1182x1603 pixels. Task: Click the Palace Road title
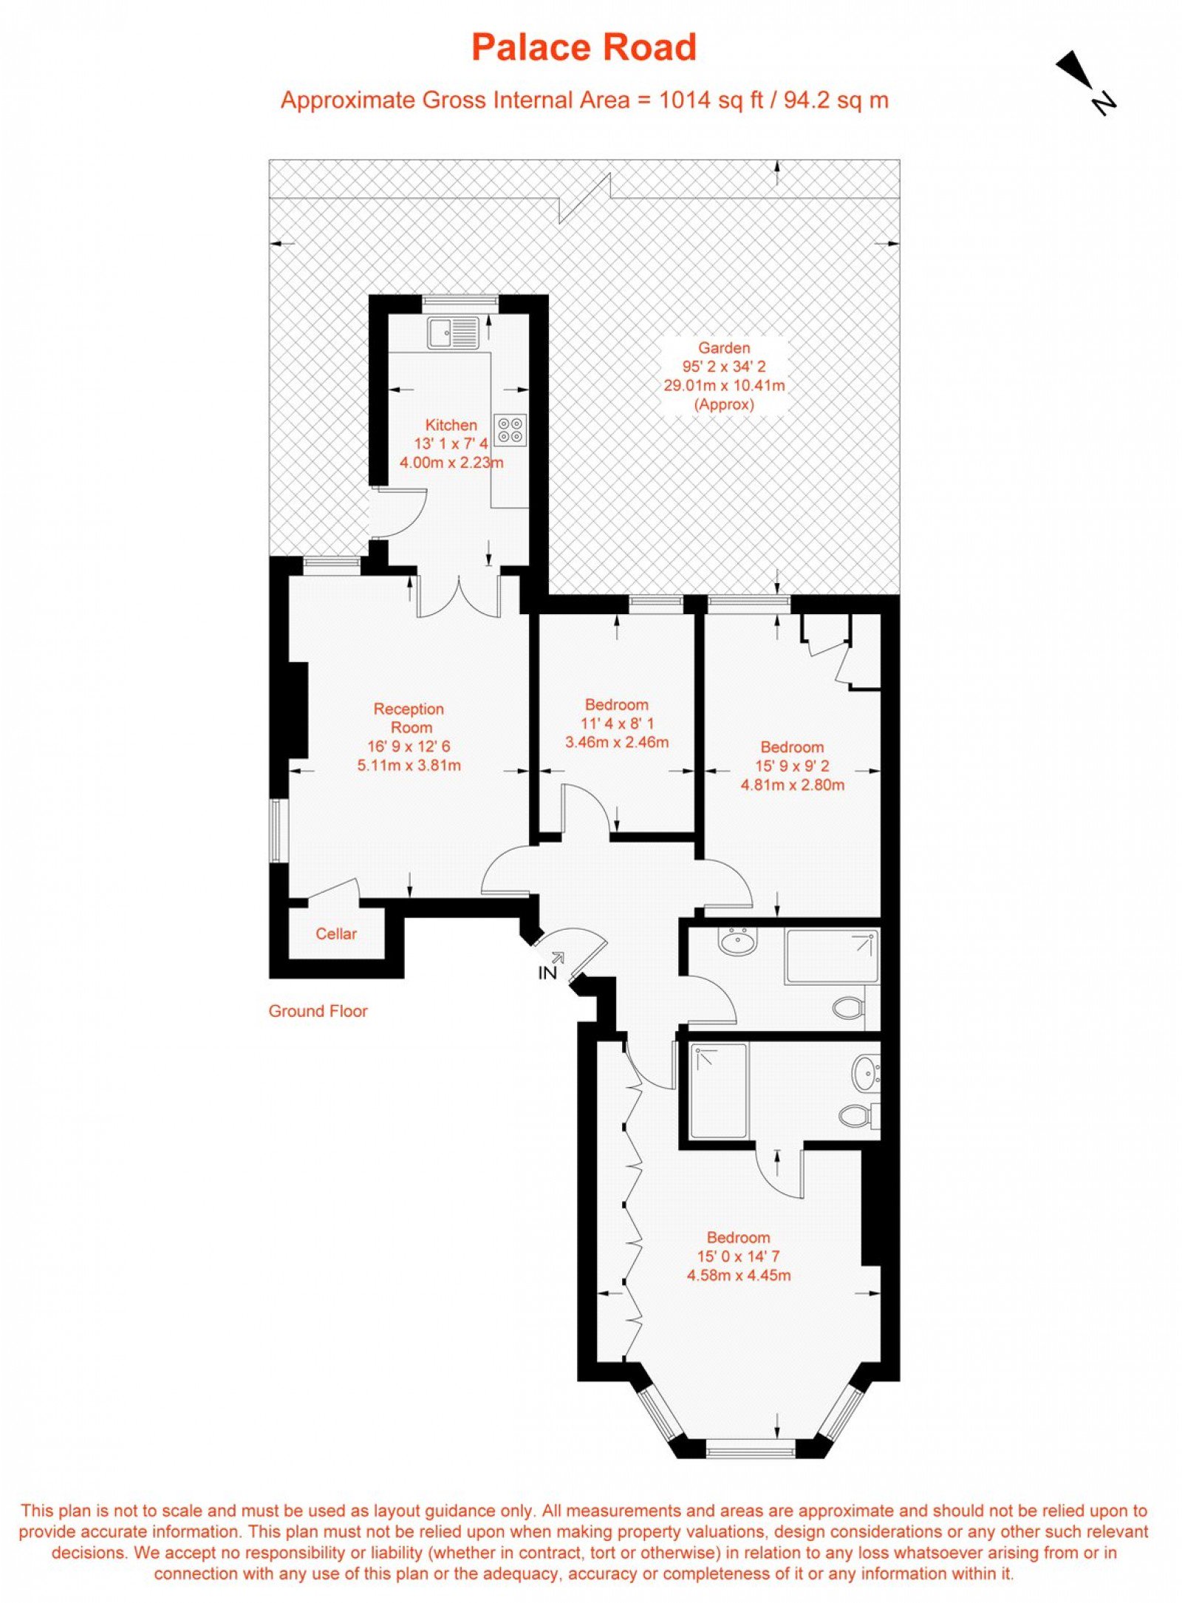click(584, 47)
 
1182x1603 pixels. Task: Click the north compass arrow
click(1084, 81)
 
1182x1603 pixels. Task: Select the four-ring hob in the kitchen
click(510, 429)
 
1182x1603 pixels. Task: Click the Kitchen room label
click(451, 425)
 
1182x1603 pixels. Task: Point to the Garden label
click(724, 347)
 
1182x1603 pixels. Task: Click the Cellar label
click(336, 933)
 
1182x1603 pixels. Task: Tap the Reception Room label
click(409, 718)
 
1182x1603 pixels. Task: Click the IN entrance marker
click(547, 973)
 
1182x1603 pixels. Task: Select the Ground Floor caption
click(318, 1011)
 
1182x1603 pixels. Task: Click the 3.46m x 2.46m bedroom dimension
click(617, 742)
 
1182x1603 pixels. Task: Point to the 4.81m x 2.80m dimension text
click(793, 785)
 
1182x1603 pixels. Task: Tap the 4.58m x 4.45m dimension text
click(739, 1275)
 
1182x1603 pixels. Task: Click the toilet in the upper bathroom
click(849, 1007)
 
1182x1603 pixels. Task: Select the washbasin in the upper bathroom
click(738, 942)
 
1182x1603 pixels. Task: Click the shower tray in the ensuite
click(718, 1090)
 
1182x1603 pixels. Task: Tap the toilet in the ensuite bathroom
click(859, 1115)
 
